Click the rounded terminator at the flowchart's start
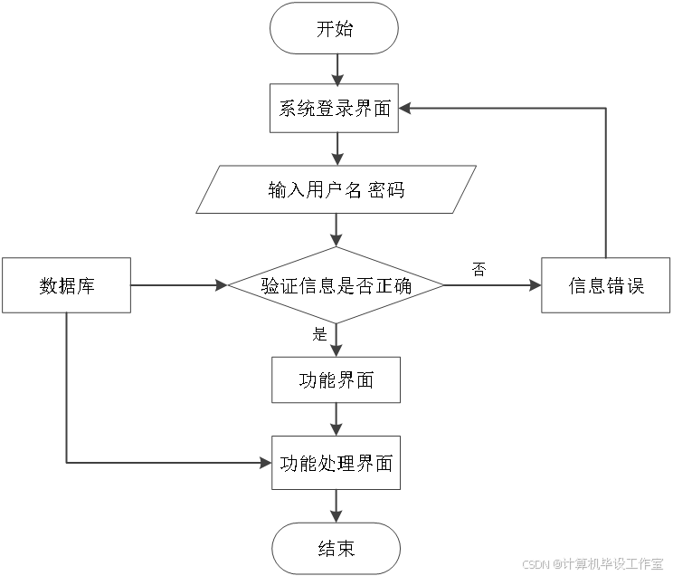click(x=335, y=28)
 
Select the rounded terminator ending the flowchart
click(x=336, y=548)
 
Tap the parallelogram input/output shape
click(x=336, y=189)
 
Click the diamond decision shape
click(x=336, y=285)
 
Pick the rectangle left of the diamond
click(x=66, y=285)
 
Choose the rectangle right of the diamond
click(x=605, y=285)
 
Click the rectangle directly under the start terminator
click(x=334, y=108)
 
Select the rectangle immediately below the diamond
click(x=336, y=379)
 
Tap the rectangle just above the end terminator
click(x=336, y=463)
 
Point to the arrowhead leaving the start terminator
click(x=336, y=80)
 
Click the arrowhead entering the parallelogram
click(x=336, y=160)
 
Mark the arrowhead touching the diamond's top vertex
click(x=336, y=242)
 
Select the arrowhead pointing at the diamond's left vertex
click(x=222, y=285)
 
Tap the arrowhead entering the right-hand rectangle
click(x=536, y=285)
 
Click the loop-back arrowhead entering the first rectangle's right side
click(x=404, y=108)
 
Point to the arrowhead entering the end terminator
click(x=336, y=517)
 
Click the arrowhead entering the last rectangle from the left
click(x=266, y=463)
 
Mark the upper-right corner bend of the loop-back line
click(x=605, y=108)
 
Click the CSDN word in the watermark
click(x=535, y=563)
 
